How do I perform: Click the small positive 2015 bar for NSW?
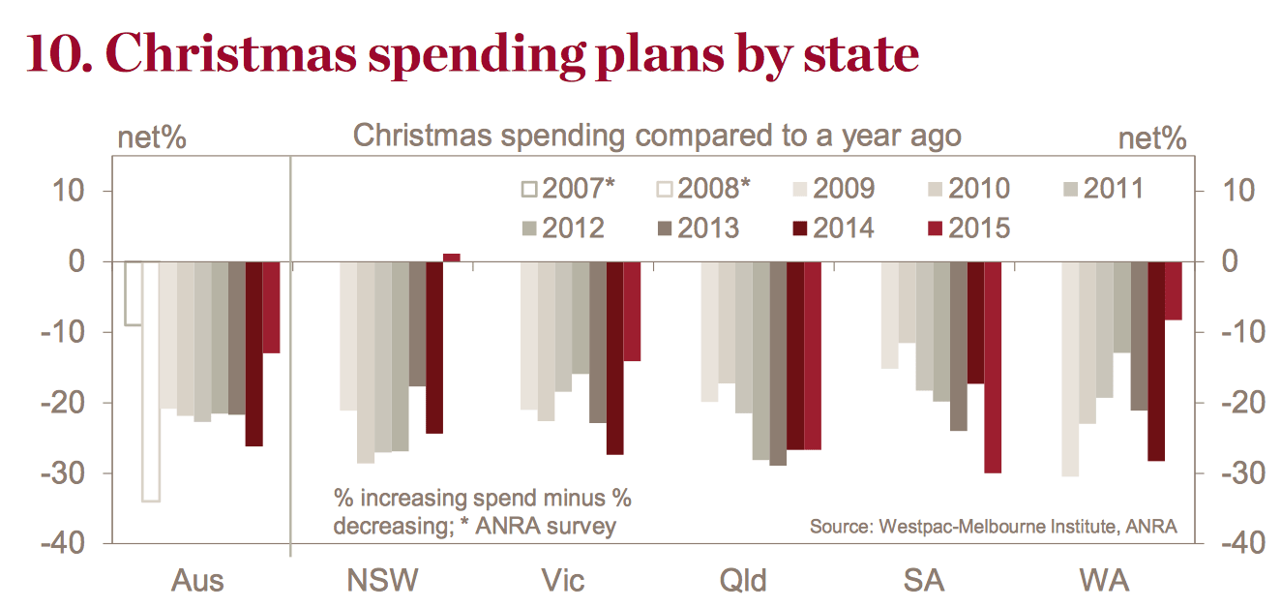click(451, 258)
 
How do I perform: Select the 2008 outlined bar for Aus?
click(151, 381)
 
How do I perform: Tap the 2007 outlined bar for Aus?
click(134, 293)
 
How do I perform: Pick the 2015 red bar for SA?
click(993, 368)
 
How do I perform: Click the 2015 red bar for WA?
click(1174, 290)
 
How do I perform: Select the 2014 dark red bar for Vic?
click(614, 358)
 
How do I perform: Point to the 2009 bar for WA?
click(1070, 369)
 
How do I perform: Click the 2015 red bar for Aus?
click(271, 308)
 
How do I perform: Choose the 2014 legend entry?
click(833, 228)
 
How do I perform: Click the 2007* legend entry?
click(569, 189)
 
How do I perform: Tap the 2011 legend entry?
click(1103, 189)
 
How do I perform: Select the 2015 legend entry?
click(968, 228)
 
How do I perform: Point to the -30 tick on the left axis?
click(63, 473)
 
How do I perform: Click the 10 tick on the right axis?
click(1238, 191)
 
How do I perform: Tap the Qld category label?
click(743, 581)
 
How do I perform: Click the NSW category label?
click(382, 580)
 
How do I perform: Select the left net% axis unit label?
click(152, 138)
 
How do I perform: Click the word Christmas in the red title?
click(231, 55)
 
